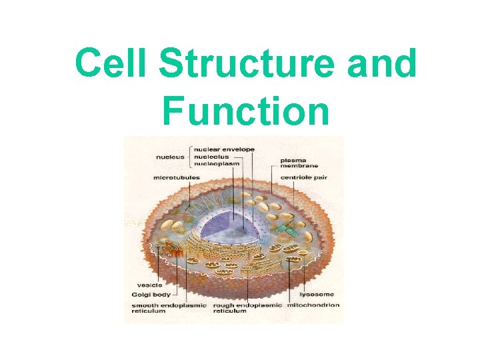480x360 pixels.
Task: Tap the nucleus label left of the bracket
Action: coord(171,157)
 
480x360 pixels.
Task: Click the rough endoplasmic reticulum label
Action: coord(247,308)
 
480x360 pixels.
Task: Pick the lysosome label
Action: coord(316,294)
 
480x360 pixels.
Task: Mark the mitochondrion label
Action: coord(313,305)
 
